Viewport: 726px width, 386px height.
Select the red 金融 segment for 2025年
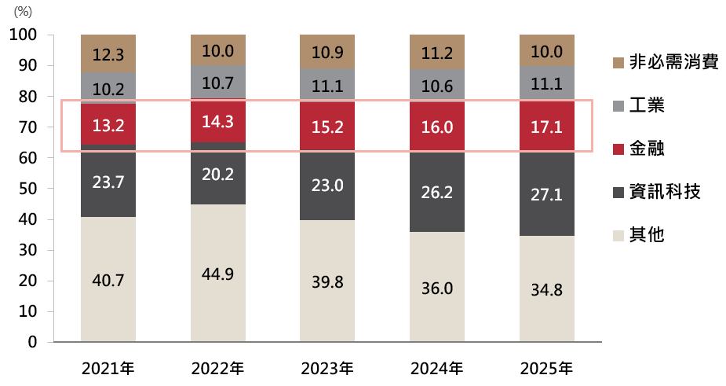tap(547, 126)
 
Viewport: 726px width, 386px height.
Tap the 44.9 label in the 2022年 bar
tap(218, 274)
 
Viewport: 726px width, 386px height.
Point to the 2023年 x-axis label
tap(327, 366)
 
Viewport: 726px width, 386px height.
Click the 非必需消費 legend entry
tap(663, 63)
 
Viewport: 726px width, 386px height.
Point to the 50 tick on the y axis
tap(27, 189)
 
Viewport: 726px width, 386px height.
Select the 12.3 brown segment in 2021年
tap(108, 54)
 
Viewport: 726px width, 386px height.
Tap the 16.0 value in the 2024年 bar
tap(437, 126)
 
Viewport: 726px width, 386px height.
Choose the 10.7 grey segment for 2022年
tap(218, 82)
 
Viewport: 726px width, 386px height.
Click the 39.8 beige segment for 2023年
tap(327, 281)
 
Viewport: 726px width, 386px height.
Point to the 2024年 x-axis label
tap(437, 366)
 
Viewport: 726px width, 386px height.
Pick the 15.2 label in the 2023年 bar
tap(327, 126)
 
